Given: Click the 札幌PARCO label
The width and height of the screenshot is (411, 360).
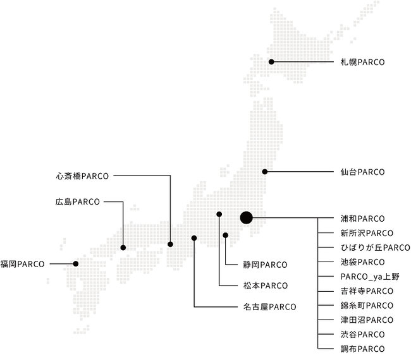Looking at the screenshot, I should coord(362,62).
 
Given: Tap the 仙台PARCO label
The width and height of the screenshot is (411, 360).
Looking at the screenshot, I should coord(362,172).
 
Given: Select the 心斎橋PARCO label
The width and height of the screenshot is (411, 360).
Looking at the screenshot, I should coord(82,175).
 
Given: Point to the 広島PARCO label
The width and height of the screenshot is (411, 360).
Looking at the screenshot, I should coord(77,202).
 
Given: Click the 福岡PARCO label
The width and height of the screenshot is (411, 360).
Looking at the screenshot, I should coord(23,263).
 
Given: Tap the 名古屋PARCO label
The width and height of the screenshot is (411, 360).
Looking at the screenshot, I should coord(270,307).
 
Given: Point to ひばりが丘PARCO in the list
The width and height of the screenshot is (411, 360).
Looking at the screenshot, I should coord(375,248).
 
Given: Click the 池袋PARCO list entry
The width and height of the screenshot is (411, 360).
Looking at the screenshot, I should coord(362,262).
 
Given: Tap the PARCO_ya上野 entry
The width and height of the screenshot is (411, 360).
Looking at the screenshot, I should coord(369,277).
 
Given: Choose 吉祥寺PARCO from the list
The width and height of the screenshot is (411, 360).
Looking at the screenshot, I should coord(366,291).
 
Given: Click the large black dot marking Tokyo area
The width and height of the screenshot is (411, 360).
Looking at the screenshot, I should coord(247,218).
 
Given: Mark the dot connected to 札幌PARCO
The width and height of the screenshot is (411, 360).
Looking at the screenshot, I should coord(271,62).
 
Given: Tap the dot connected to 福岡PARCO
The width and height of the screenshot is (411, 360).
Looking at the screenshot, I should coord(76,263).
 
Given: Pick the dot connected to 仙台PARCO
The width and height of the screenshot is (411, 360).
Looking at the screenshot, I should coord(265,172).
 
